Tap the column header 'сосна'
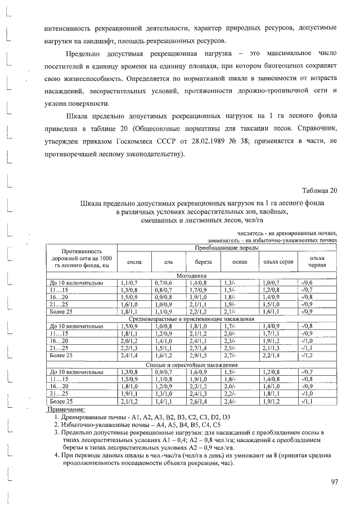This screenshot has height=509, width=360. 134,262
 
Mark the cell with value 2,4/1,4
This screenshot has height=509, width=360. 130,355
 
